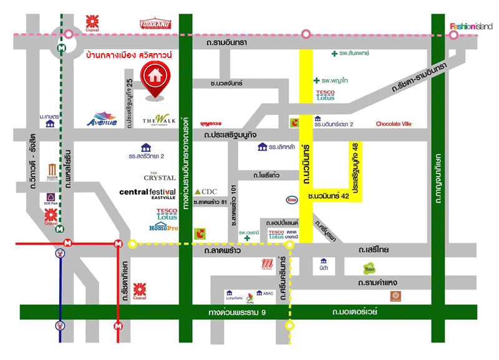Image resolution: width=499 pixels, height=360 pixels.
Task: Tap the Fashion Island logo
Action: [471, 26]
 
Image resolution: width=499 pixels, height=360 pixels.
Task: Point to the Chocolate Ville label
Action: [394, 124]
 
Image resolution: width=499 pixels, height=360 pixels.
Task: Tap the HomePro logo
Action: [164, 228]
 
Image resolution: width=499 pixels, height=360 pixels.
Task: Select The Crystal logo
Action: [159, 176]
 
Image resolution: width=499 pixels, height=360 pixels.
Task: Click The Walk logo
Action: [156, 120]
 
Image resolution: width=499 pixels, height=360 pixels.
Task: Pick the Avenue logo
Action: [102, 119]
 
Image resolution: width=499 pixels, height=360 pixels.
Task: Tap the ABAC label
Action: [266, 292]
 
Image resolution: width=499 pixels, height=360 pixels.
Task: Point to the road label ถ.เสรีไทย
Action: [373, 250]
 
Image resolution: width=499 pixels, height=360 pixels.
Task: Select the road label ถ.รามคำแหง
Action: [378, 283]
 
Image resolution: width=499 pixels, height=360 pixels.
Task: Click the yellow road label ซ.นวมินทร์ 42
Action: [329, 196]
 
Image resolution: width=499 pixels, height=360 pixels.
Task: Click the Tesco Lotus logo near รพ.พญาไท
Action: [326, 94]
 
